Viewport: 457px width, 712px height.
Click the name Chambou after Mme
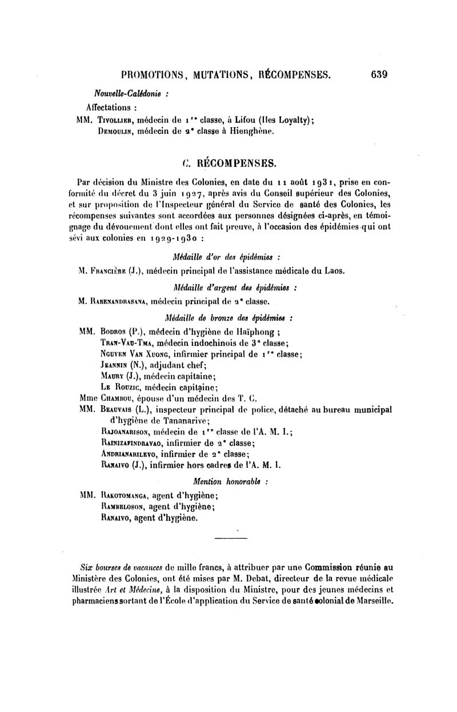[118, 398]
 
